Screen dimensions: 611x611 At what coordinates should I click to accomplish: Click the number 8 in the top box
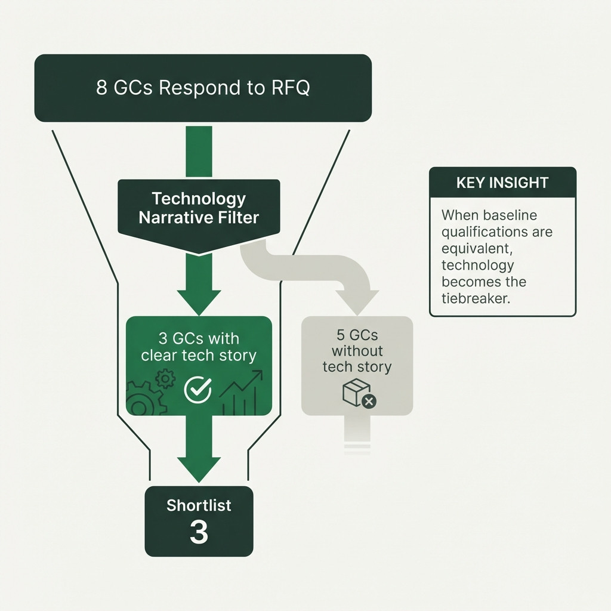[x=102, y=88]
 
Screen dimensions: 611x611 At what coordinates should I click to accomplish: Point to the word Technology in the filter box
[x=199, y=198]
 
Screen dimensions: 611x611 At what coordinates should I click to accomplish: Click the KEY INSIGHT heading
[x=502, y=183]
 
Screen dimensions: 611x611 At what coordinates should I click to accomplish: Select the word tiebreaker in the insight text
[x=476, y=298]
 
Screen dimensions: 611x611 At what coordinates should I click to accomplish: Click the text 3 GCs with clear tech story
[x=199, y=347]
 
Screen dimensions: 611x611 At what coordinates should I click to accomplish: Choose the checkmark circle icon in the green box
[x=198, y=389]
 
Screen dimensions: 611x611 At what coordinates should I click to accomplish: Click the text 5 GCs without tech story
[x=357, y=350]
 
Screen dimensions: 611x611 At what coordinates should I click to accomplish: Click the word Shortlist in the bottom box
[x=199, y=505]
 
